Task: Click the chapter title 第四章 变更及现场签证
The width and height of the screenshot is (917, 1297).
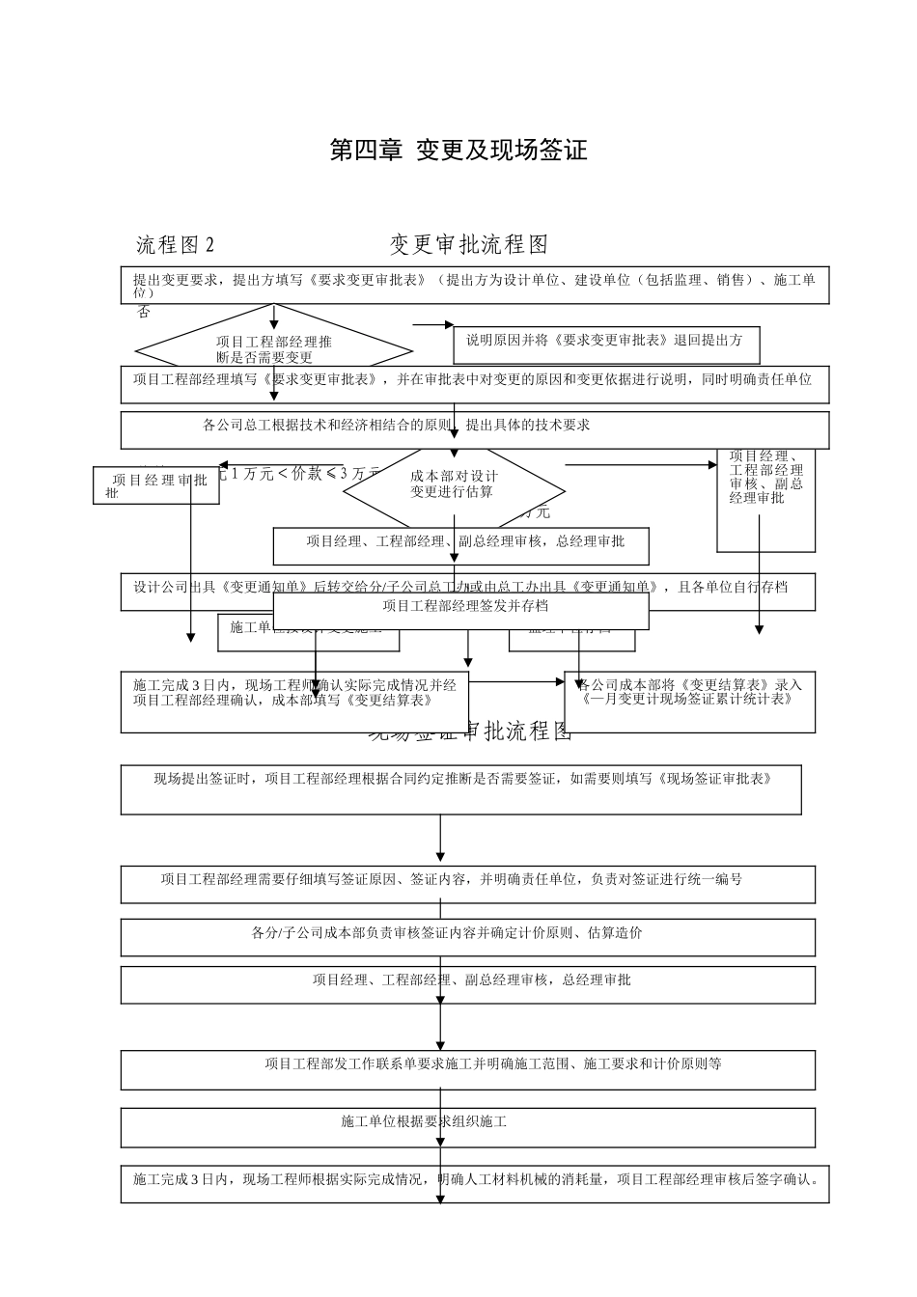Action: pyautogui.click(x=458, y=151)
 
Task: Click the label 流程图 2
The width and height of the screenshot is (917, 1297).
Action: pyautogui.click(x=175, y=245)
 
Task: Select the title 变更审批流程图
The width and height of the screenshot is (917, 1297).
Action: pyautogui.click(x=469, y=245)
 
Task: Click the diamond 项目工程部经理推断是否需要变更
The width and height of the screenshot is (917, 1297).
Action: pyautogui.click(x=274, y=348)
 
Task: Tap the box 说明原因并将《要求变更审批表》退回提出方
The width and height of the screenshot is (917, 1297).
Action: pyautogui.click(x=606, y=341)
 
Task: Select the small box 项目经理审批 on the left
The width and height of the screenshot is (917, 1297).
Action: pyautogui.click(x=156, y=485)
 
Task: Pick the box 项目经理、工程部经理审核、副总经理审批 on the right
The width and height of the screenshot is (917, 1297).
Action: pyautogui.click(x=765, y=498)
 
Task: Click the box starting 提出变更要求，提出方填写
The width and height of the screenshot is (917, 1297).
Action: pyautogui.click(x=474, y=285)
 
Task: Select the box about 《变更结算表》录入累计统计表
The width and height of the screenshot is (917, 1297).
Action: pyautogui.click(x=689, y=701)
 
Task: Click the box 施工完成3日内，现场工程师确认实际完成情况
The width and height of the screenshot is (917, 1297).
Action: pyautogui.click(x=293, y=701)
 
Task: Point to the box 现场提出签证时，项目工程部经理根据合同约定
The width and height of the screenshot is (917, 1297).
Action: pyautogui.click(x=460, y=789)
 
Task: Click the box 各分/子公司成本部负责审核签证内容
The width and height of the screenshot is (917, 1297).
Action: pyautogui.click(x=467, y=936)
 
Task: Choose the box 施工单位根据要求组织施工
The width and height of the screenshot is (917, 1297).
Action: pyautogui.click(x=467, y=1126)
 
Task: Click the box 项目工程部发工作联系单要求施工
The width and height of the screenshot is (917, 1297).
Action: pyautogui.click(x=467, y=1069)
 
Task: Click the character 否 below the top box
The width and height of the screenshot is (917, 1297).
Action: pyautogui.click(x=143, y=313)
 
